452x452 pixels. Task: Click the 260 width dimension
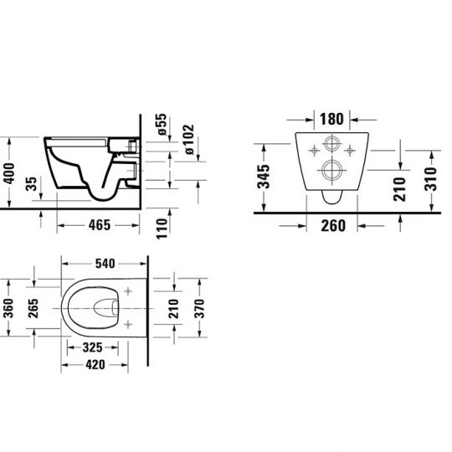pos(333,224)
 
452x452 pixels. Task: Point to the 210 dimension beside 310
pos(399,188)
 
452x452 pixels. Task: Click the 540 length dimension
pos(104,264)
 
